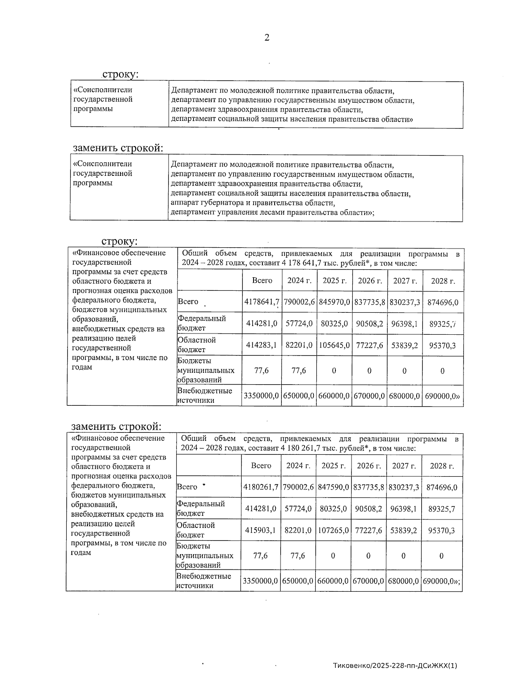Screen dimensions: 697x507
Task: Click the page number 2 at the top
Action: pos(267,38)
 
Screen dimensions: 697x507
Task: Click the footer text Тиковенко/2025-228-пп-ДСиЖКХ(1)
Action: pos(395,665)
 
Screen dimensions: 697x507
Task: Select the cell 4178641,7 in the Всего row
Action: pos(262,302)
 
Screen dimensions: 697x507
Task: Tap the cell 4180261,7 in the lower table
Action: pos(261,487)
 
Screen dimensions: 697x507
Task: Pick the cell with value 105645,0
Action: pos(334,345)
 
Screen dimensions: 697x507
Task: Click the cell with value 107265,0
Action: pos(333,530)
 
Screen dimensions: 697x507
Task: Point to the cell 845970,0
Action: pos(334,302)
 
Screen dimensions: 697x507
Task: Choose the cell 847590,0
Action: pos(333,487)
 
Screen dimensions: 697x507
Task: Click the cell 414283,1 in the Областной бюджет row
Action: pos(262,345)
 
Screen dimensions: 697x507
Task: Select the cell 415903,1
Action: pos(261,530)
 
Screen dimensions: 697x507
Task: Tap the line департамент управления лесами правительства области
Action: pos(272,212)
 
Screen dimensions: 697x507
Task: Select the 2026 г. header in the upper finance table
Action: pos(370,281)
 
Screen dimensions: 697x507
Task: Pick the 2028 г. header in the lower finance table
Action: pos(442,466)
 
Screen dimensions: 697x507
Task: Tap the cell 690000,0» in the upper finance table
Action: pos(442,396)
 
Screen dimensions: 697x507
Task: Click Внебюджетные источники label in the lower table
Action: pos(204,581)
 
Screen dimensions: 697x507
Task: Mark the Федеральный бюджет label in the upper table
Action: pos(202,323)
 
